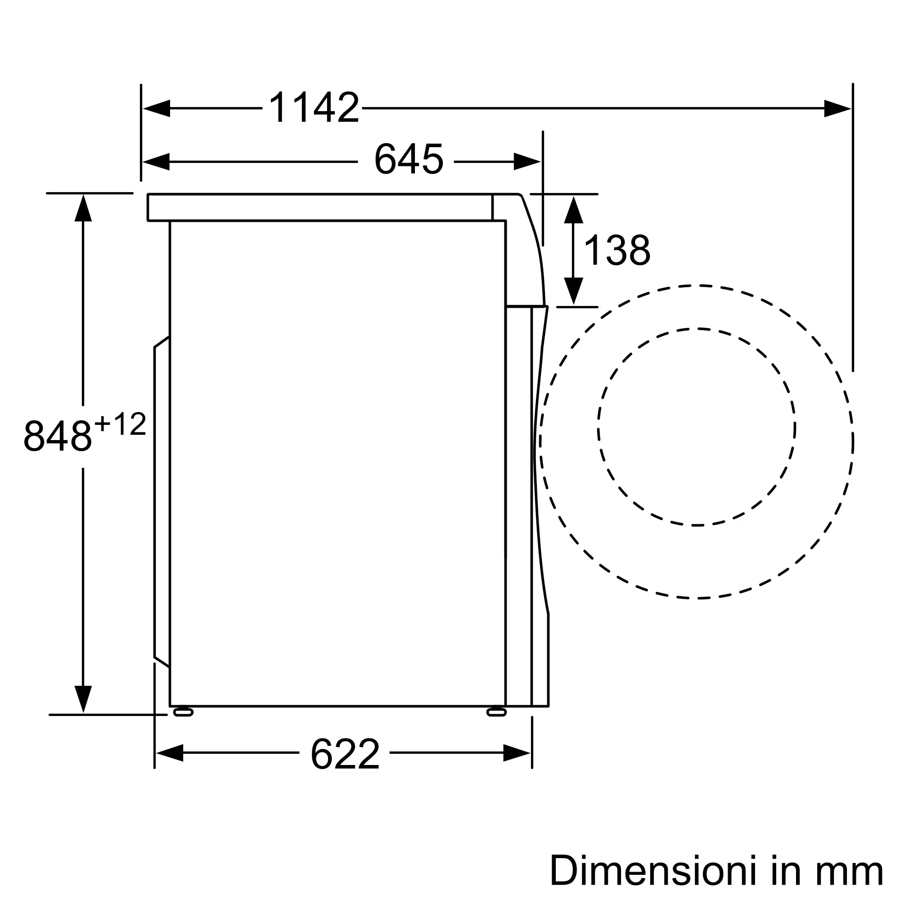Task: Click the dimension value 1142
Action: pyautogui.click(x=315, y=108)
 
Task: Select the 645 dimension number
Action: pyautogui.click(x=409, y=160)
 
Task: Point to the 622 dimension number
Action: pyautogui.click(x=345, y=754)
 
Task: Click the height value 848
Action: pyautogui.click(x=57, y=436)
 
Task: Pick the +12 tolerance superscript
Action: pyautogui.click(x=120, y=424)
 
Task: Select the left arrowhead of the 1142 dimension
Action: pyautogui.click(x=157, y=108)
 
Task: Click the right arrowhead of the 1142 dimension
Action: pyautogui.click(x=837, y=108)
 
